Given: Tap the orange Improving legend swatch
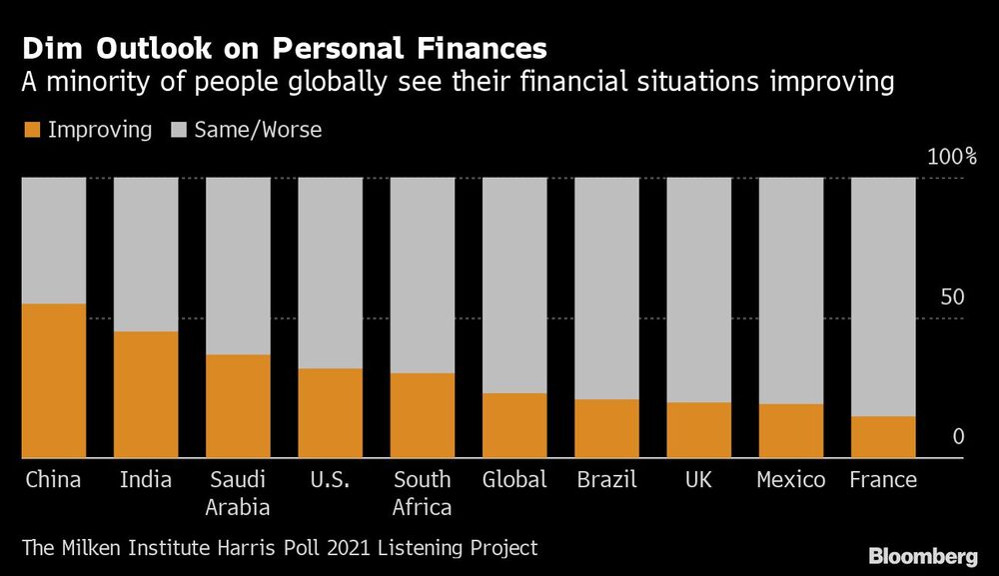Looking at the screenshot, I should click(x=31, y=130).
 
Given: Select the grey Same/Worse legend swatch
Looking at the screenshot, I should click(x=179, y=130).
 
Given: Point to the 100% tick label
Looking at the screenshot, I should click(x=951, y=157).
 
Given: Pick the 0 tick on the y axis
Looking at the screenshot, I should click(x=957, y=437).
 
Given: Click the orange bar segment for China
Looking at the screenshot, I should click(x=54, y=380).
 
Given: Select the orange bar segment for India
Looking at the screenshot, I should click(x=146, y=394).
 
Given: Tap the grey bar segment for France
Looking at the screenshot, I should click(x=883, y=296).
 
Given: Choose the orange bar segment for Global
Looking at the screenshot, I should click(x=514, y=425).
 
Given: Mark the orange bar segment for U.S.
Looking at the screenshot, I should click(x=331, y=413).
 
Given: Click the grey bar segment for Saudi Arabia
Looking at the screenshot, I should click(x=238, y=266).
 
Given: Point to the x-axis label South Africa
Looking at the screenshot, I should click(x=422, y=493).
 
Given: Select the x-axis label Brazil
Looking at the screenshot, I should click(x=606, y=480).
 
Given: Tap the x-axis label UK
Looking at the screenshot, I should click(x=698, y=480).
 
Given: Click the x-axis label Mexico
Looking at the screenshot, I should click(x=790, y=480).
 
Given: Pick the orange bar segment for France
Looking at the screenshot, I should click(x=883, y=437).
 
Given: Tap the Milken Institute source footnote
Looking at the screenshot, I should click(x=280, y=548).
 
